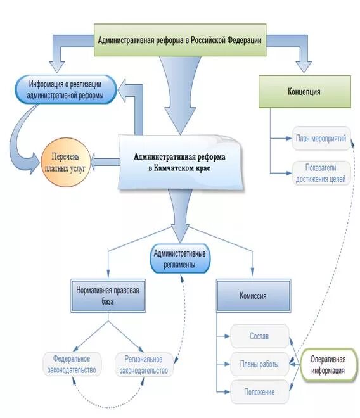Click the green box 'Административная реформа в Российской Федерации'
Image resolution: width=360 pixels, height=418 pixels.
(180, 40)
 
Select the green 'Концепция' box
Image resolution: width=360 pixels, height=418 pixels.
(304, 91)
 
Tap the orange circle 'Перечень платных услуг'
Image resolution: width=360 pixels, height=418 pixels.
(66, 162)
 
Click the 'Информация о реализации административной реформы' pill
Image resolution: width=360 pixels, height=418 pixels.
(66, 89)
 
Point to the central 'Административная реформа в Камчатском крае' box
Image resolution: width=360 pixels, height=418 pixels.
(181, 162)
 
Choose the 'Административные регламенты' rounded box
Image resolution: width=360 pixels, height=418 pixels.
(180, 258)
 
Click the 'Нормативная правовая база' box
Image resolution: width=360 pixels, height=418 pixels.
(108, 296)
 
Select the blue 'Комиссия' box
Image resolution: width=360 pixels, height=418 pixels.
(254, 296)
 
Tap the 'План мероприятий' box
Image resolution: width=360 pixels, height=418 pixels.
(321, 138)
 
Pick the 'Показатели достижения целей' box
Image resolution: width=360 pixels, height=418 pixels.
(321, 173)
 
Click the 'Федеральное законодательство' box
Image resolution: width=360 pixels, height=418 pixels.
(72, 364)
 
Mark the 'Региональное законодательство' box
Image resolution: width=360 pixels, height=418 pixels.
(144, 365)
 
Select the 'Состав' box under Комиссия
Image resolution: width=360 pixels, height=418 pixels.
(259, 336)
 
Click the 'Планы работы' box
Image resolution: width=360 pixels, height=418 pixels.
(259, 364)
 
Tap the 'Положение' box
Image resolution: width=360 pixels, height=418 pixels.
(259, 391)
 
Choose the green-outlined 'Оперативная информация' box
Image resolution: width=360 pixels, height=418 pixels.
(328, 365)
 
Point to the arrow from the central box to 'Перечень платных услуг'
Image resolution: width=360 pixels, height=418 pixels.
(105, 161)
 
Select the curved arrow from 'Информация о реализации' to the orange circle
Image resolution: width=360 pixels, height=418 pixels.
(16, 139)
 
